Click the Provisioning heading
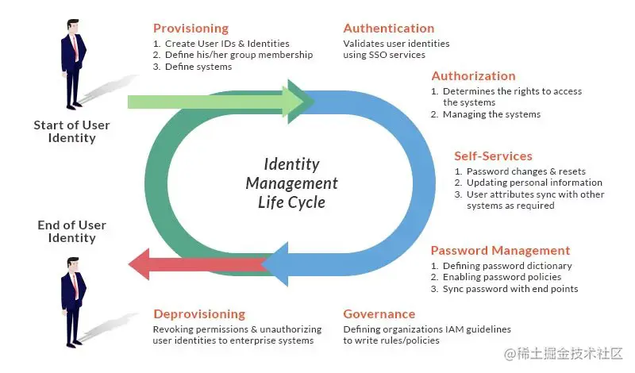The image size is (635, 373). click(190, 29)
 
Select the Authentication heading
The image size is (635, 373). click(389, 29)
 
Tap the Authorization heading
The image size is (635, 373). click(473, 76)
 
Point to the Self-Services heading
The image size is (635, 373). click(493, 156)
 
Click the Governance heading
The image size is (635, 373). click(379, 314)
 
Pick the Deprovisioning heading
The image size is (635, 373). click(199, 314)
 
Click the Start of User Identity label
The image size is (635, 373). click(71, 132)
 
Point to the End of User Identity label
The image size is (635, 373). click(71, 232)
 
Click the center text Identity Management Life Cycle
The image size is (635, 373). click(291, 183)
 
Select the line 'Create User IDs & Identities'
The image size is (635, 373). click(226, 44)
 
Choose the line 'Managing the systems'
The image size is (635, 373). click(491, 114)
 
